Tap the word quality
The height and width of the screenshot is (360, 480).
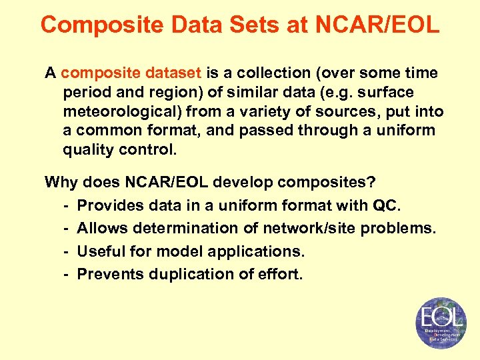(88, 149)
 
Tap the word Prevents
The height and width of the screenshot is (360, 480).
(109, 274)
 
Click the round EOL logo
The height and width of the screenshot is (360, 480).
(440, 323)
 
